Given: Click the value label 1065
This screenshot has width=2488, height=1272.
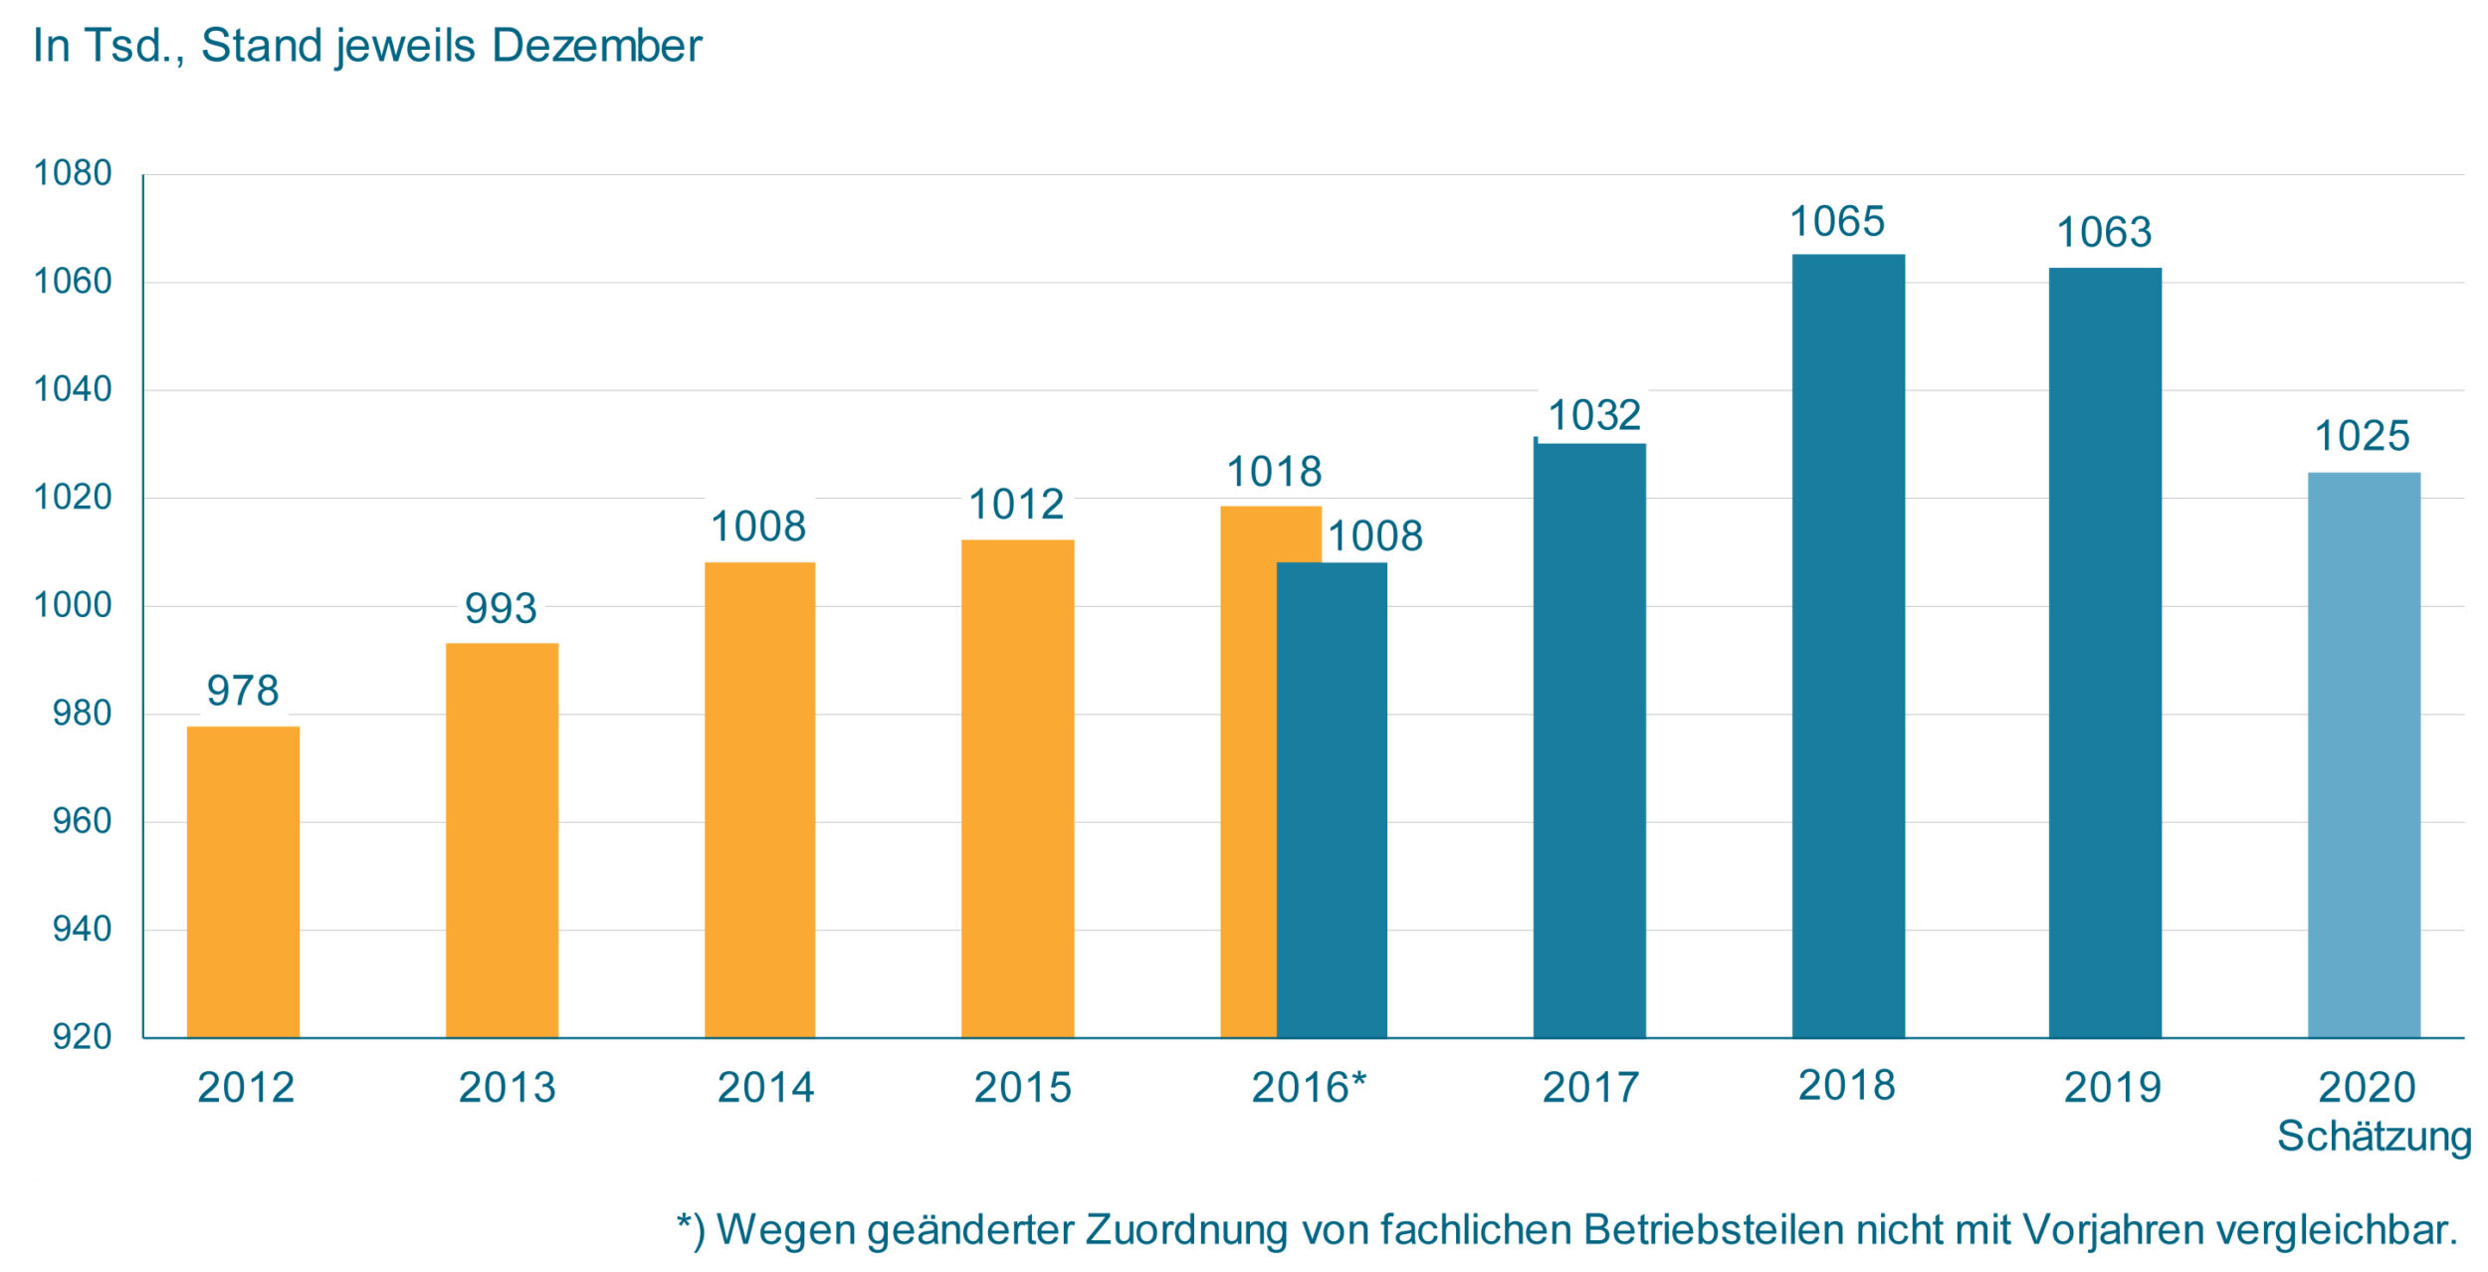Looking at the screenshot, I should click(x=1837, y=222).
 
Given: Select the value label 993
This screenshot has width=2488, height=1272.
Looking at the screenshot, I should click(x=501, y=608).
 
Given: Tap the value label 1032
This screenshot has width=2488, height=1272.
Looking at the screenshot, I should click(x=1594, y=415).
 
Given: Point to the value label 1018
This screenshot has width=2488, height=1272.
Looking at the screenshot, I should click(x=1274, y=472).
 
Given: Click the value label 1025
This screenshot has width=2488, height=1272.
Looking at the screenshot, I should click(x=2362, y=436).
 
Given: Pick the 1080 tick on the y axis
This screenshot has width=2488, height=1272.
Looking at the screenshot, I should click(x=73, y=173).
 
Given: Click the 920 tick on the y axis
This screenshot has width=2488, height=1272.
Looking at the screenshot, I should click(x=82, y=1037).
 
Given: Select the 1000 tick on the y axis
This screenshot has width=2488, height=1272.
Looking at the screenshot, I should click(x=73, y=605).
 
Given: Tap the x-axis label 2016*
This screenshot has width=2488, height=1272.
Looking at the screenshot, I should click(x=1309, y=1088).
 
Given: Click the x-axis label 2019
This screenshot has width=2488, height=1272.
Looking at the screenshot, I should click(x=2112, y=1088).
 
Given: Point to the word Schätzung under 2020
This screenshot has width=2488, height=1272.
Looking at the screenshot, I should click(x=2374, y=1137).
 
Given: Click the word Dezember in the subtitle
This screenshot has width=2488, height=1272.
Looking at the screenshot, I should click(x=596, y=46).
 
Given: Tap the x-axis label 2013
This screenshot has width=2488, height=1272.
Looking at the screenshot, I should click(x=507, y=1088).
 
